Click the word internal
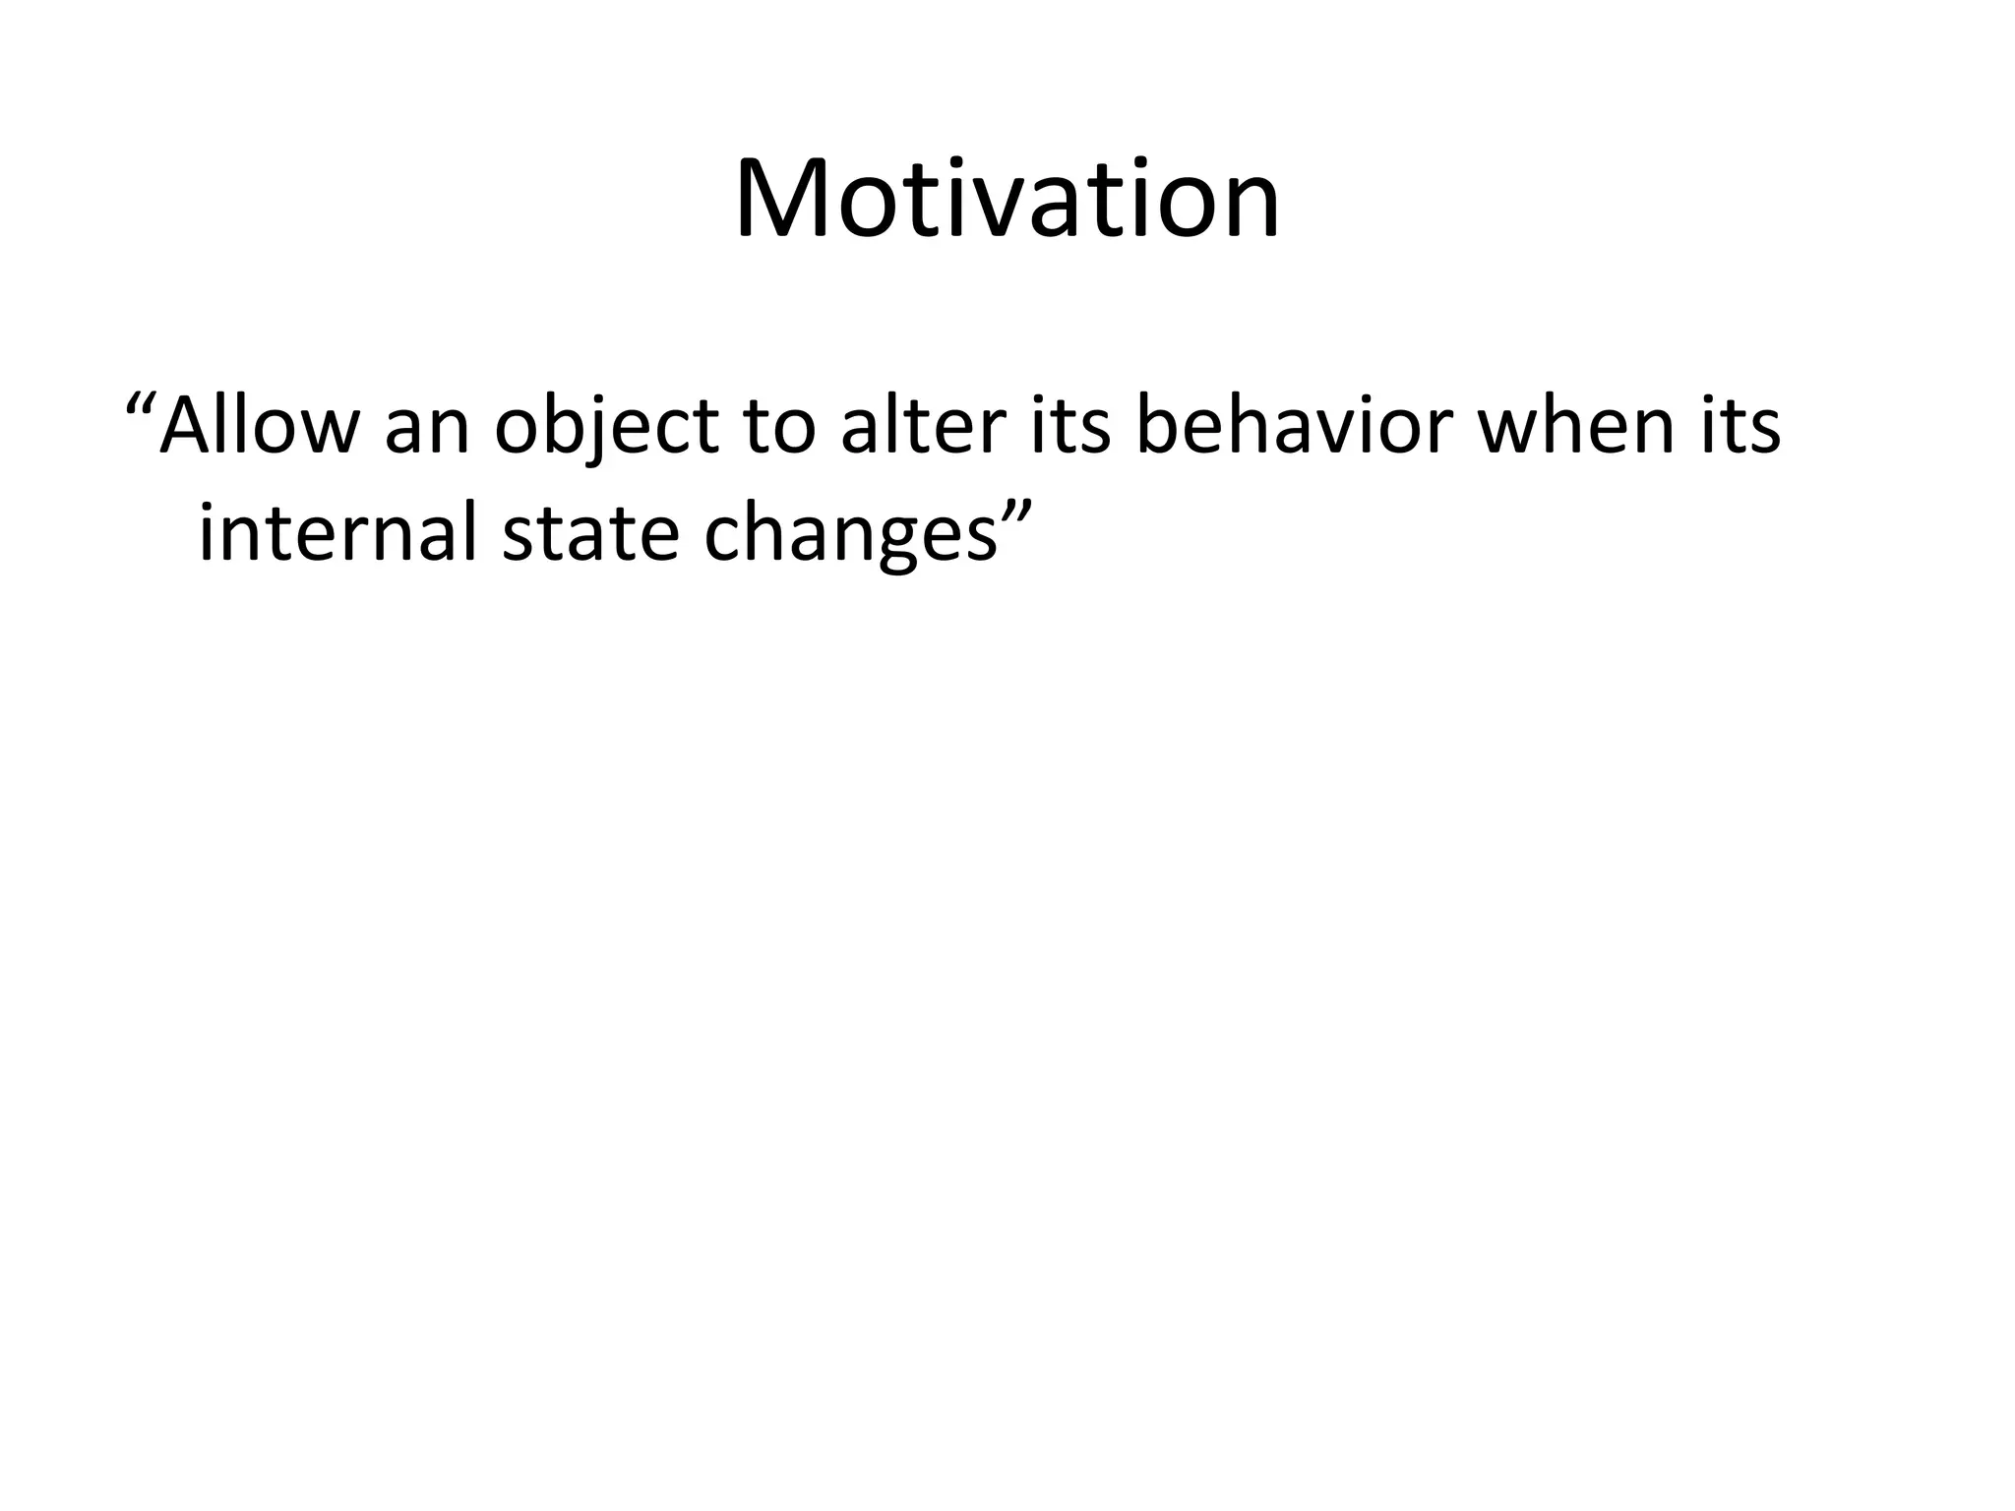[340, 532]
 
